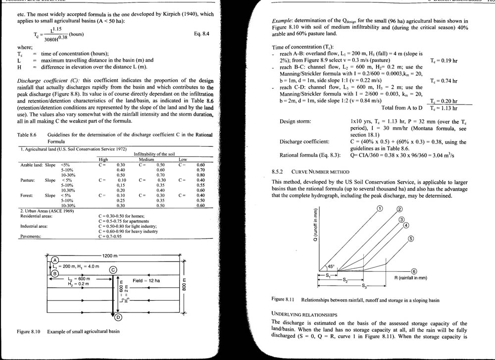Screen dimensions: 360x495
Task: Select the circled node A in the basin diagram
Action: pyautogui.click(x=55, y=259)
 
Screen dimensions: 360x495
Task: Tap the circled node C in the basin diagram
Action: pyautogui.click(x=113, y=269)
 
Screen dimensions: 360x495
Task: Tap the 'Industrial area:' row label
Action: pyautogui.click(x=34, y=226)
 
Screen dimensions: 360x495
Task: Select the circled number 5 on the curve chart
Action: pyautogui.click(x=411, y=239)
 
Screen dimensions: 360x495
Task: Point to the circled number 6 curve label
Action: pyautogui.click(x=414, y=271)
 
